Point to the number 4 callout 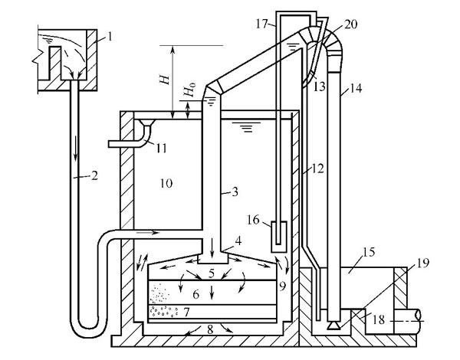[239, 241]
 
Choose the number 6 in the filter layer [197, 294]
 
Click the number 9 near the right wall [282, 289]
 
